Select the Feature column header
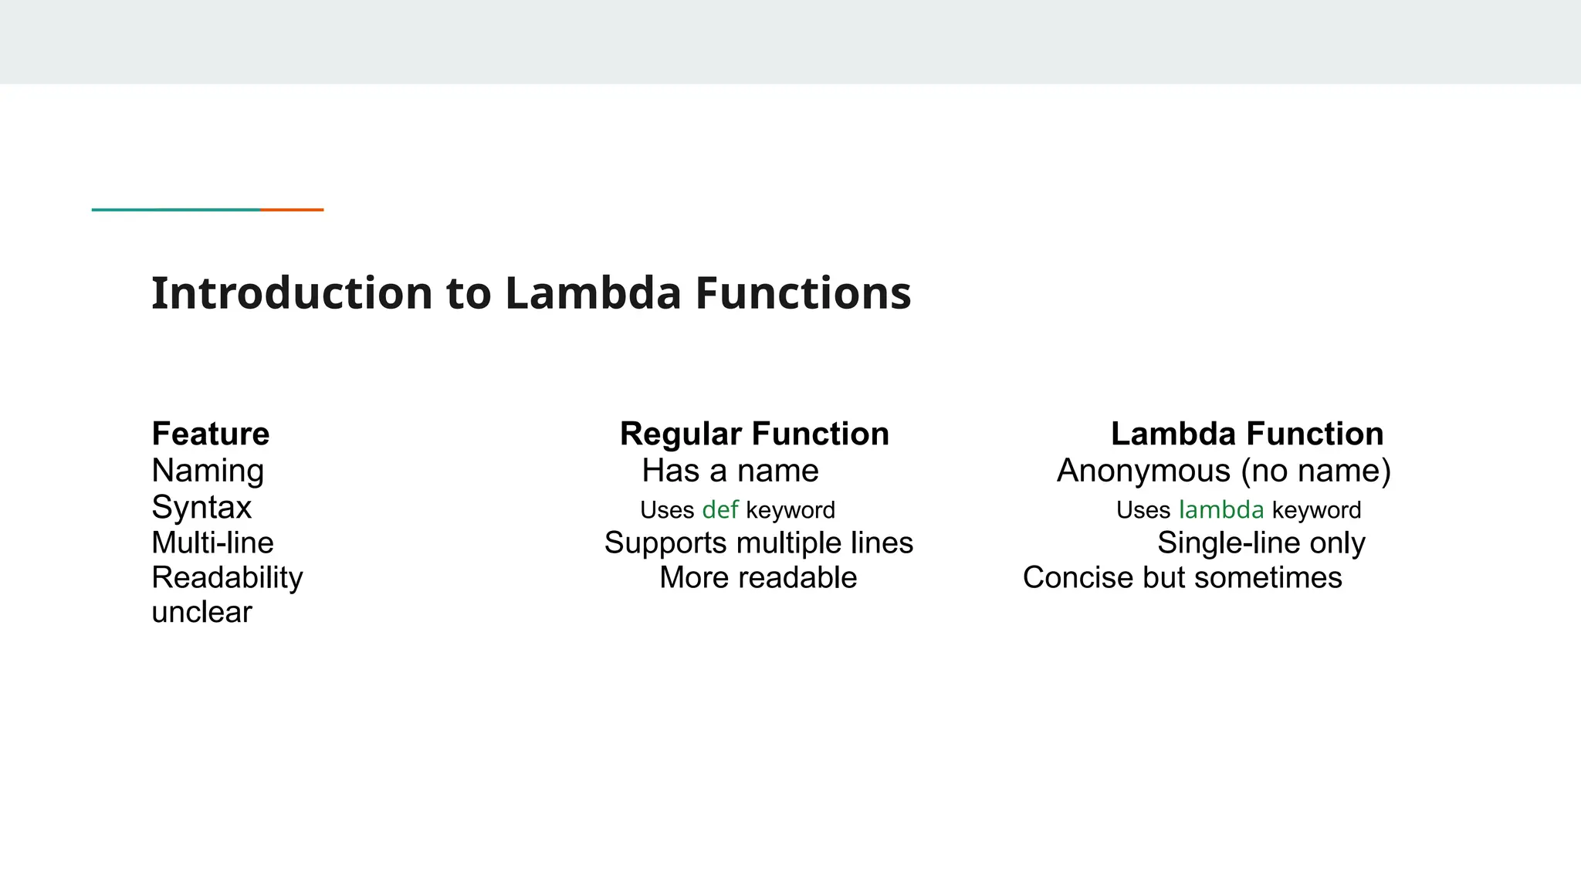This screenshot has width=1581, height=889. click(x=210, y=434)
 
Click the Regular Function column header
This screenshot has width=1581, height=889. click(x=754, y=434)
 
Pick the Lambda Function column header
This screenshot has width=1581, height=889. click(x=1247, y=434)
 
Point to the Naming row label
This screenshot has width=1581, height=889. click(x=208, y=471)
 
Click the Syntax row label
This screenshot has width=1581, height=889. click(x=201, y=508)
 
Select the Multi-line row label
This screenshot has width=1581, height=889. click(x=212, y=543)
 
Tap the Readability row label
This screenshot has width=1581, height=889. click(x=227, y=577)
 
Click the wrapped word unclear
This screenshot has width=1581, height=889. click(x=201, y=612)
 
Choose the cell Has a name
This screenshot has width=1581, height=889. click(x=730, y=471)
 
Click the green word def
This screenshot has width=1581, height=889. click(x=719, y=510)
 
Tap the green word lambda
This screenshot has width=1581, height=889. click(x=1220, y=510)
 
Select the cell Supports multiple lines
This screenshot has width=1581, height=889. click(x=758, y=543)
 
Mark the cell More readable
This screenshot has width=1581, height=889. click(x=757, y=577)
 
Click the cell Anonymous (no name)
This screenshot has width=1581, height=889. click(x=1224, y=471)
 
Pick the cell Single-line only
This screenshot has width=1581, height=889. click(x=1261, y=543)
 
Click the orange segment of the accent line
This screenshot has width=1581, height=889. click(x=292, y=209)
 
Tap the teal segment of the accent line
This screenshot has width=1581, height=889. click(x=176, y=209)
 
